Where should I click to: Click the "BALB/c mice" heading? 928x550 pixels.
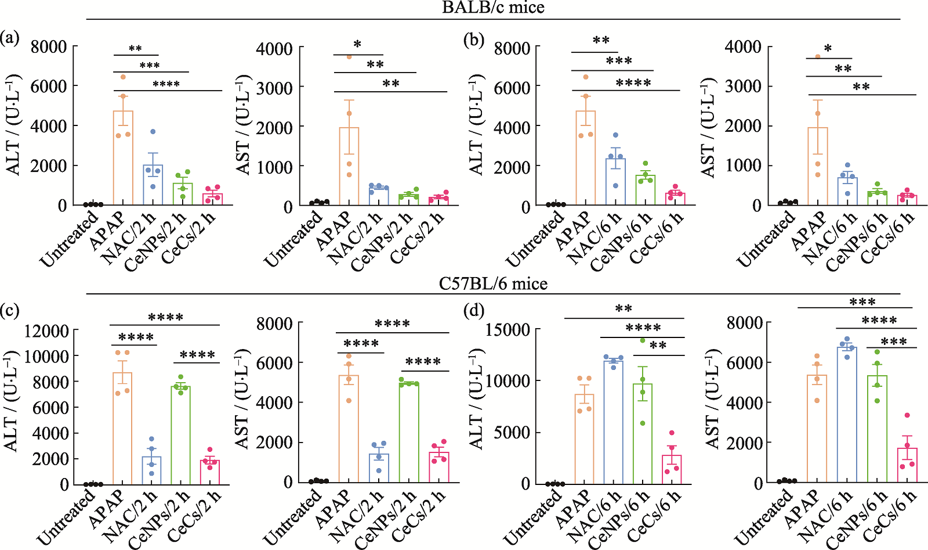click(x=493, y=8)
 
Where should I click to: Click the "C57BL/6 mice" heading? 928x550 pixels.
click(x=493, y=283)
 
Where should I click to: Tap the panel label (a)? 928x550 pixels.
click(x=10, y=38)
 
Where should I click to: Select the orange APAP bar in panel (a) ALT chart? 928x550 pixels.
click(x=123, y=157)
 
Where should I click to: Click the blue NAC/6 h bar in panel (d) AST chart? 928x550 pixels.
click(x=847, y=415)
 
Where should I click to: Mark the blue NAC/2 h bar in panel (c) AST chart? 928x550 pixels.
click(x=379, y=468)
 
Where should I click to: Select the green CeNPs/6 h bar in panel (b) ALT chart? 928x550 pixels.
click(x=645, y=190)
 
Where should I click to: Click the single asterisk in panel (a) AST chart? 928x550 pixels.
click(x=357, y=45)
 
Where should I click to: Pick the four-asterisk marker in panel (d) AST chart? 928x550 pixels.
click(x=879, y=321)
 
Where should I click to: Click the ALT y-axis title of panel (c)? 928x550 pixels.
click(x=12, y=401)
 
